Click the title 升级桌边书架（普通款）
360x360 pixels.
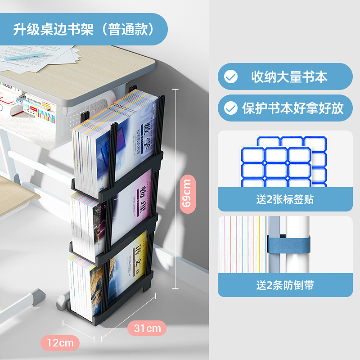(x=84, y=30)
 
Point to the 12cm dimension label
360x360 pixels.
(x=60, y=342)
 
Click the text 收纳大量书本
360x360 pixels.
(x=289, y=76)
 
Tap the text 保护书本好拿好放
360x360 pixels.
(x=292, y=108)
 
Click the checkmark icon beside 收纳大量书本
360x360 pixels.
(x=231, y=77)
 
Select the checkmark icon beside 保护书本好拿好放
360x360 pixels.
(x=231, y=108)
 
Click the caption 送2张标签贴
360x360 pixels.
(x=285, y=200)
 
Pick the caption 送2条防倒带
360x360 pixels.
(x=285, y=285)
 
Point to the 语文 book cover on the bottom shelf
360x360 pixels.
(x=126, y=265)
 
